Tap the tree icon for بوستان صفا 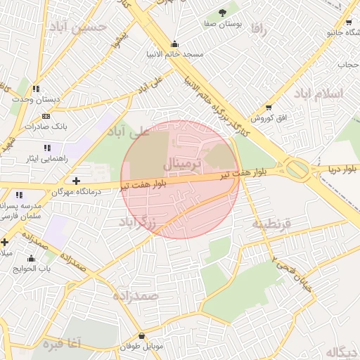point(223,12)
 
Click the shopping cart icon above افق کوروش point(269,107)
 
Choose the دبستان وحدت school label point(36,99)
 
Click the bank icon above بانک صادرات point(46,116)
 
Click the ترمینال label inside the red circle point(182,164)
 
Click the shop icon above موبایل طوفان point(143,336)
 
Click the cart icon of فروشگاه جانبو point(349,22)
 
